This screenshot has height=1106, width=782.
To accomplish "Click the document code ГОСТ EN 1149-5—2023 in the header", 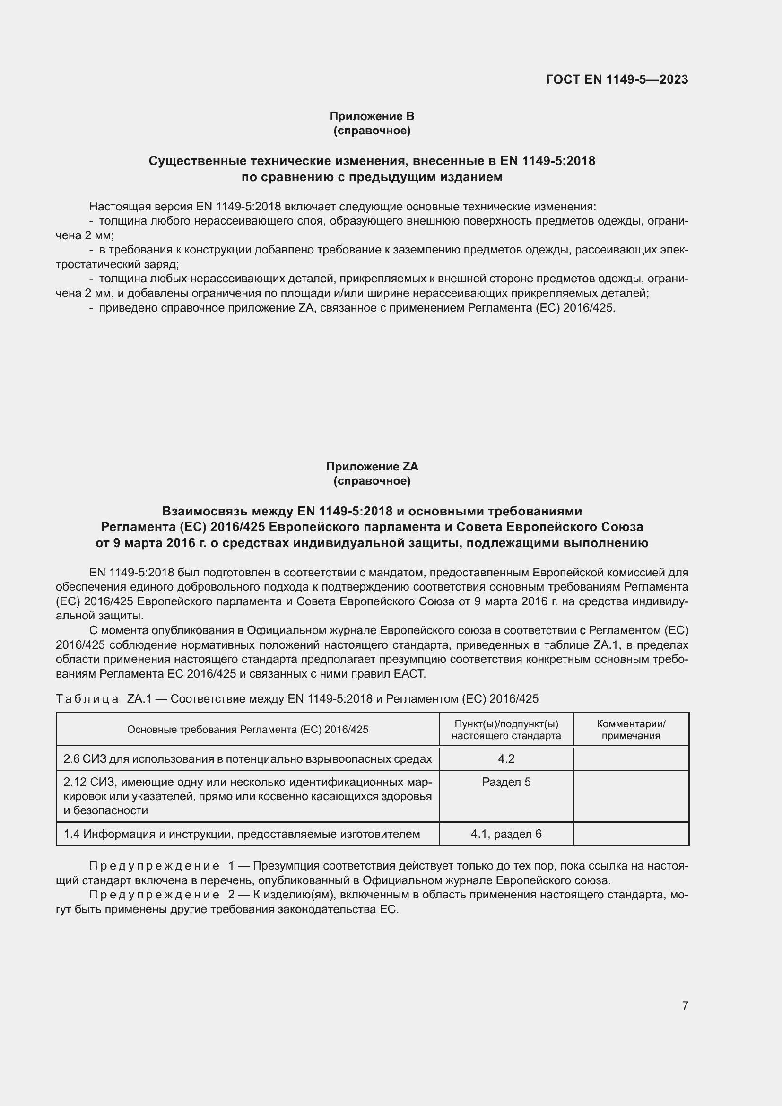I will (x=617, y=79).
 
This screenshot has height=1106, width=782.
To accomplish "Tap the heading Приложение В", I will (x=372, y=116).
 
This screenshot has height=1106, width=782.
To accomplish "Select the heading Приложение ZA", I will (x=372, y=466).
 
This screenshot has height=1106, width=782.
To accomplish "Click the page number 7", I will (x=685, y=1006).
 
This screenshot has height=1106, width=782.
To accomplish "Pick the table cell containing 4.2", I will (x=506, y=758).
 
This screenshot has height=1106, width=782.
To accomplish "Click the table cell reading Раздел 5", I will (x=506, y=782).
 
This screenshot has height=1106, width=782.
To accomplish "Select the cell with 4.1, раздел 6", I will (x=506, y=834).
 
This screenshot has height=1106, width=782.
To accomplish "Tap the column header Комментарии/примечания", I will (x=631, y=729).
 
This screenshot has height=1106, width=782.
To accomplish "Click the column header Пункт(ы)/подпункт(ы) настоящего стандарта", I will (x=506, y=729).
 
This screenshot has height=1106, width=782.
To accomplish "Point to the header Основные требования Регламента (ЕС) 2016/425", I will (x=247, y=729).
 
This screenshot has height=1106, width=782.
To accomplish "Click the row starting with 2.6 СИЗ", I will (x=247, y=758).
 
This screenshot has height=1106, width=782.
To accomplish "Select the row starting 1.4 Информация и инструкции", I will (x=242, y=834).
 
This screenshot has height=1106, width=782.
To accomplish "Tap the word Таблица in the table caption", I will (x=87, y=698).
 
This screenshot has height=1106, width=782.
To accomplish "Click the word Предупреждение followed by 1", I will (x=155, y=866).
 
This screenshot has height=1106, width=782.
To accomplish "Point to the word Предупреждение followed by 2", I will (x=155, y=895).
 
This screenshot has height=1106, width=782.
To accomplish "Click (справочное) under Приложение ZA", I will (x=372, y=481).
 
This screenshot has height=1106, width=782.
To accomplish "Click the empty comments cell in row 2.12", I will (x=631, y=796).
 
